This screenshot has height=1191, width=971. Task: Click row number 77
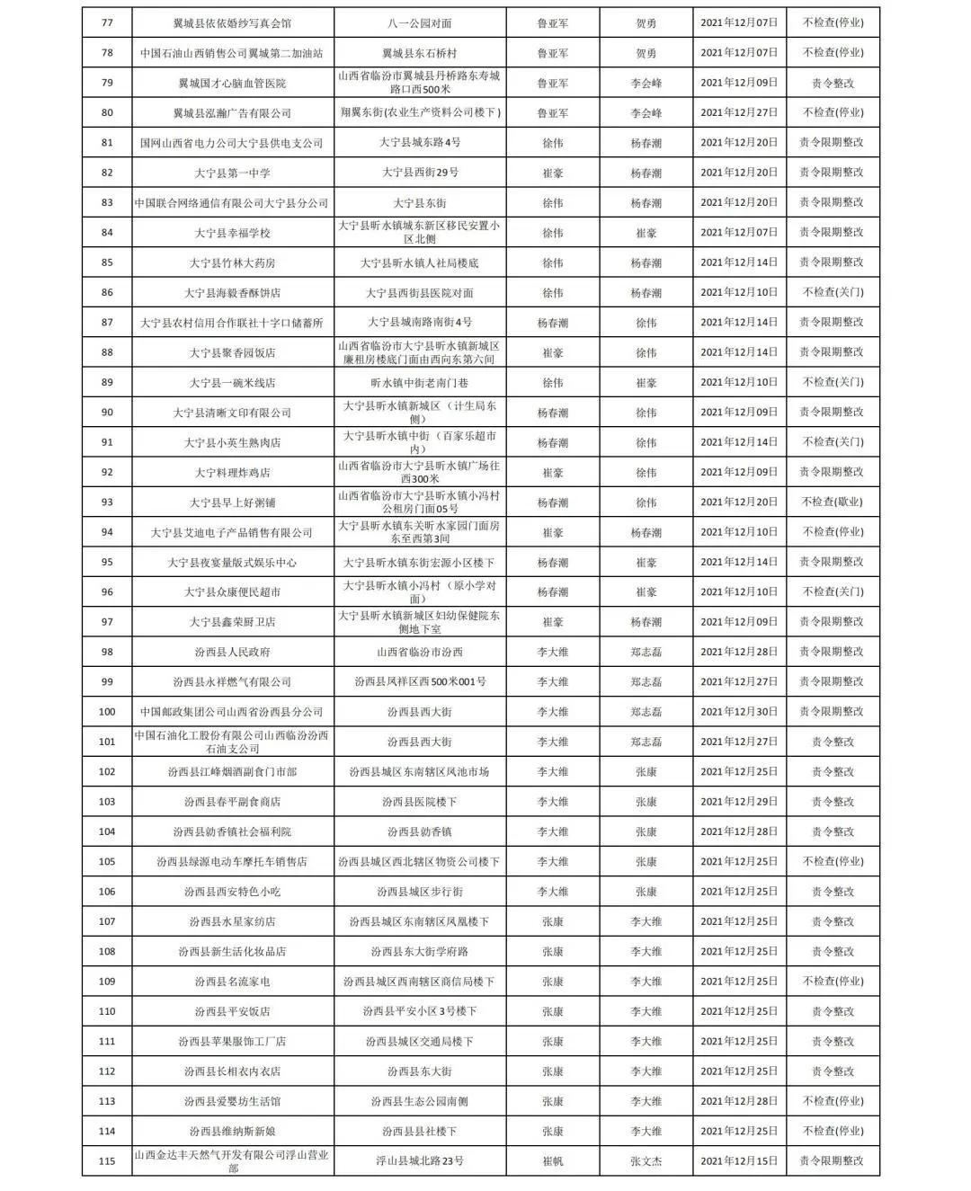[x=107, y=23]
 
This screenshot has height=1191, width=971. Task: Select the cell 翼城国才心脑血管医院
[x=232, y=84]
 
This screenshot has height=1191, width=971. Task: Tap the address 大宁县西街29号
[x=420, y=173]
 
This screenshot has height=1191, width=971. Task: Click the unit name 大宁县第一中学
[x=232, y=173]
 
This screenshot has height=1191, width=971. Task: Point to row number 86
[x=107, y=293]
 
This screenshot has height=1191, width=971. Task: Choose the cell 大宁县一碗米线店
[x=232, y=383]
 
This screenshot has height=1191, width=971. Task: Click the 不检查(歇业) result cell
[x=832, y=502]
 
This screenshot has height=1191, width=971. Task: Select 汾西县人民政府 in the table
[x=232, y=652]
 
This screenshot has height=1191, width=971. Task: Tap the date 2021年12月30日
[x=739, y=712]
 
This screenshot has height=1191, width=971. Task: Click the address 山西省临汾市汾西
[x=420, y=652]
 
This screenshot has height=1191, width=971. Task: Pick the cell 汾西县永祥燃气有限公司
[x=232, y=682]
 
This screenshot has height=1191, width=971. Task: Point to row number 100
[x=107, y=712]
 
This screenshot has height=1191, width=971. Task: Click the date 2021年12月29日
[x=739, y=802]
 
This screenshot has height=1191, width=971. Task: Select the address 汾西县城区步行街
[x=420, y=892]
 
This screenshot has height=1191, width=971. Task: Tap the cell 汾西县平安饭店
[x=232, y=1011]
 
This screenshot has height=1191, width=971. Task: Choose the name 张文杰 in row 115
[x=646, y=1161]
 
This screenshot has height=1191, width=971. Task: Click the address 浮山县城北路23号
[x=420, y=1161]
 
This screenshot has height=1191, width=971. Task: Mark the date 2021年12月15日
[x=739, y=1161]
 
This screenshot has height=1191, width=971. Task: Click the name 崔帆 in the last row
[x=552, y=1161]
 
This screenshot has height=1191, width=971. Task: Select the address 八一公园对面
[x=420, y=23]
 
